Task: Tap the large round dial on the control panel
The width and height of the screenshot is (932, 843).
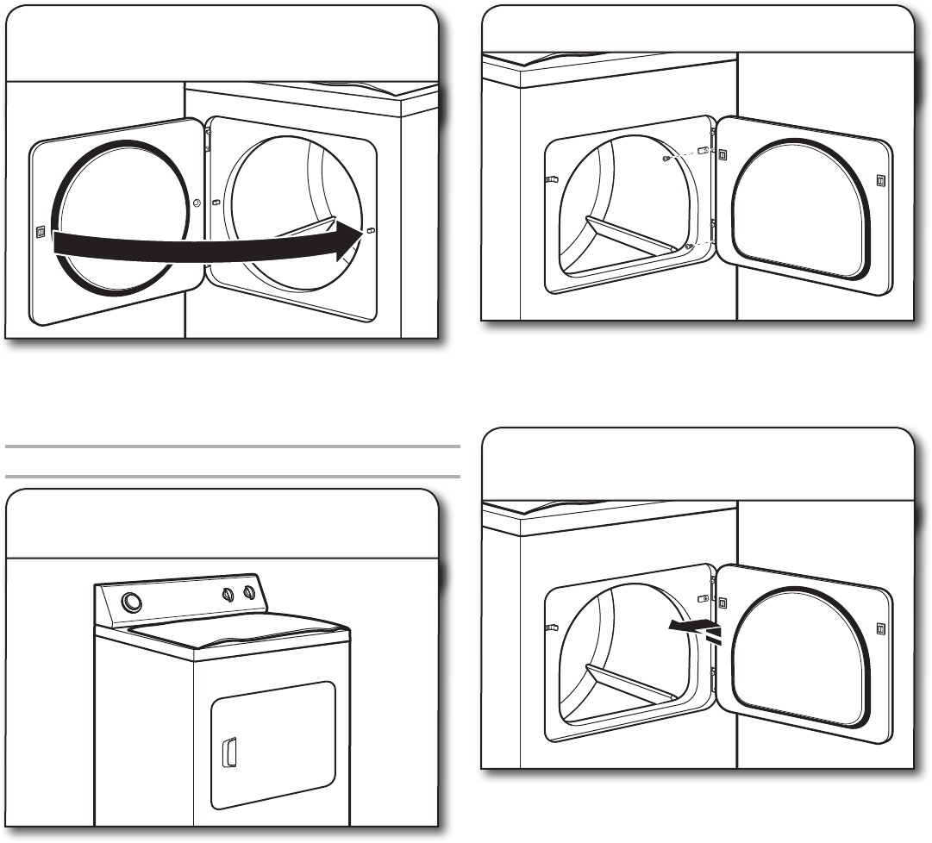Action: [132, 602]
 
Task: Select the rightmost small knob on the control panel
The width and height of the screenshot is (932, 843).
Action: [248, 594]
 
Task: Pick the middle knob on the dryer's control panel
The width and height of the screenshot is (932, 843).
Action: [228, 593]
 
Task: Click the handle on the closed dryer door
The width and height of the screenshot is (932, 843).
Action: [229, 752]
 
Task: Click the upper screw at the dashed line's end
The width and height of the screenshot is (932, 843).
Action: [666, 159]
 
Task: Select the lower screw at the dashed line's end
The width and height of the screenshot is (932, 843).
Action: [687, 247]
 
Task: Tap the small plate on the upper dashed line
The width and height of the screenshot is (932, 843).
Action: [702, 151]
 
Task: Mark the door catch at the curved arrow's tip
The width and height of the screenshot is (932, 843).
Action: [370, 230]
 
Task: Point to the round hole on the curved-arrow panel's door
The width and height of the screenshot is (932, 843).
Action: [197, 203]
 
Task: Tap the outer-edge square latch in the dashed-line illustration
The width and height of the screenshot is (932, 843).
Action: [879, 181]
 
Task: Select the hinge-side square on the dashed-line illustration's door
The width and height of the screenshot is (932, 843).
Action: [722, 155]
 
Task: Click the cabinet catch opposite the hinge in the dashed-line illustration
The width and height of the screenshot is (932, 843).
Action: [552, 180]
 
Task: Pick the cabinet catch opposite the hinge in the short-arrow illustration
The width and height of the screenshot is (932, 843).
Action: [552, 628]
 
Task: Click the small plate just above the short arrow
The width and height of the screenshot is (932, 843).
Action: [703, 598]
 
